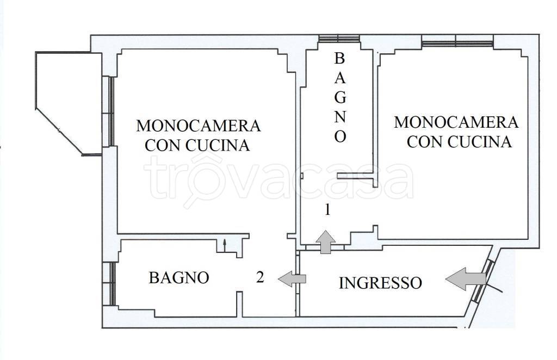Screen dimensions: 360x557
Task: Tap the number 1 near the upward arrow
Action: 327,210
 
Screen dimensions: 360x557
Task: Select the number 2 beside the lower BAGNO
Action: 260,278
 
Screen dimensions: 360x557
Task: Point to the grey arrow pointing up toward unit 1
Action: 325,241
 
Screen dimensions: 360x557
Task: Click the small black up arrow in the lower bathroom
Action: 225,245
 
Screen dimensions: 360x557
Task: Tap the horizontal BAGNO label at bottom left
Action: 179,278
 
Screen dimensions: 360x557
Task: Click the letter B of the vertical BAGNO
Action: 339,58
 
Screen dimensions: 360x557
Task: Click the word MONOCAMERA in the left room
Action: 198,126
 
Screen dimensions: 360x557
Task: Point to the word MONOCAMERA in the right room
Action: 456,122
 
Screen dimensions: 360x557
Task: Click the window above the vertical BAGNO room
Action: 336,39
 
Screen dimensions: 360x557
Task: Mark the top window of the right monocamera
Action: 457,40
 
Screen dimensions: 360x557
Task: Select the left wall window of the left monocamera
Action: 111,111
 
